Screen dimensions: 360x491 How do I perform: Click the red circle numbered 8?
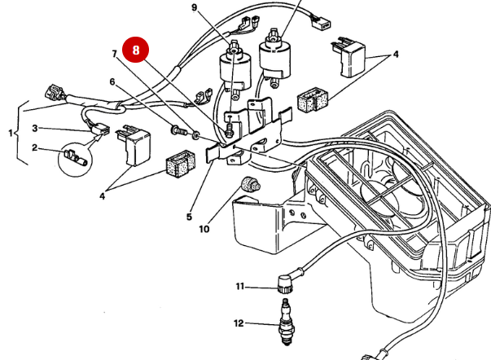136,50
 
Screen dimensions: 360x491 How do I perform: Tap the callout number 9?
195,8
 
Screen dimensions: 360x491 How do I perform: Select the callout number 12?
239,323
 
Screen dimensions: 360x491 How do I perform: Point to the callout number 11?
240,286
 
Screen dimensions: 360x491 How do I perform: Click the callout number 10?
204,229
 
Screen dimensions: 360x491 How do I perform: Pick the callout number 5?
189,217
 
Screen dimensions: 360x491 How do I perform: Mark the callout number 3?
35,129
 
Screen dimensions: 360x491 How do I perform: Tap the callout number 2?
35,147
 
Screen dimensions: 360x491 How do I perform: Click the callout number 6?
113,81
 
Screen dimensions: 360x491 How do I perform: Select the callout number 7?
116,54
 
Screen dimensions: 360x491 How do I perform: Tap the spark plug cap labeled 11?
285,286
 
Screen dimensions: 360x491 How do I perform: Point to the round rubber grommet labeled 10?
250,183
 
